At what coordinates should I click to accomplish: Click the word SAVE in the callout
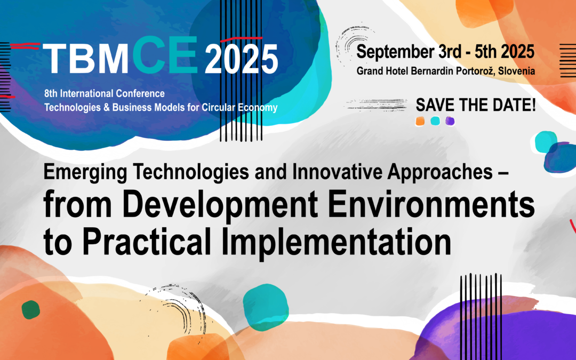click(436, 105)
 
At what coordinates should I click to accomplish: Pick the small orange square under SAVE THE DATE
click(420, 121)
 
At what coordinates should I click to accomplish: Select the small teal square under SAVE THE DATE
click(435, 121)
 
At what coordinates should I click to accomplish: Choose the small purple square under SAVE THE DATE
click(450, 121)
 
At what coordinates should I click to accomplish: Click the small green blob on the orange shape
click(30, 310)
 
